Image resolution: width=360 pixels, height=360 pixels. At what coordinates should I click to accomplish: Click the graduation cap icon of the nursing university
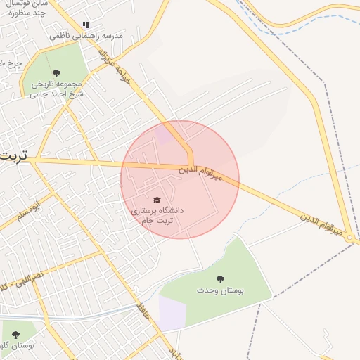point(156,200)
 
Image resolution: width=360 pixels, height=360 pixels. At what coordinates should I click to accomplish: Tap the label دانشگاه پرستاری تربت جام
point(156,215)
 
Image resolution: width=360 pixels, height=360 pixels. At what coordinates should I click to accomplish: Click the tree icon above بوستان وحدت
point(219,279)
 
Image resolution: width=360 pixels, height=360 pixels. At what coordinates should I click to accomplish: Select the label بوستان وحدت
point(219,290)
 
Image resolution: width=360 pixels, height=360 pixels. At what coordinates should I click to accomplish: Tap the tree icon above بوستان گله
point(15,334)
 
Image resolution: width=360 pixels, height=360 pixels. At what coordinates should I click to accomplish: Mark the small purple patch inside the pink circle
point(163,135)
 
